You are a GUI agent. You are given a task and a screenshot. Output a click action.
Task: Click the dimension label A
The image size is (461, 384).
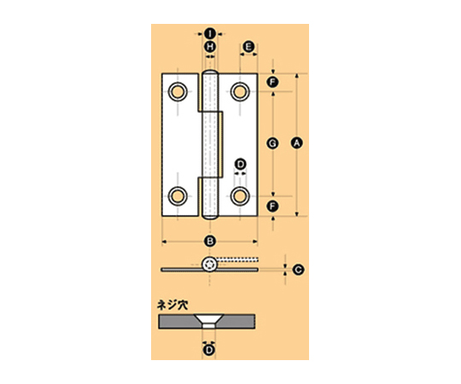tap(296, 143)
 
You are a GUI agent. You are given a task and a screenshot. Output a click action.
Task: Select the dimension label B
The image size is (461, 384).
tap(210, 241)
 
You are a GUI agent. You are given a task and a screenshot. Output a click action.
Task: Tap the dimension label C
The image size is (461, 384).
tap(299, 270)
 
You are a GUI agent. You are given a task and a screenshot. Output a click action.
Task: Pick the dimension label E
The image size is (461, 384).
tap(248, 47)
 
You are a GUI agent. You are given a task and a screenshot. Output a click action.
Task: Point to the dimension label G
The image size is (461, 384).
tap(272, 143)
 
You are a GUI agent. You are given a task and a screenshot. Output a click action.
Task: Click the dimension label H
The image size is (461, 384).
tap(210, 47)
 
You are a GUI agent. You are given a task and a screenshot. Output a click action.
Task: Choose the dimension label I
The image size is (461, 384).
tap(210, 34)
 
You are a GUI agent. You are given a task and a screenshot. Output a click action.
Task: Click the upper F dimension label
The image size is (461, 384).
tap(272, 82)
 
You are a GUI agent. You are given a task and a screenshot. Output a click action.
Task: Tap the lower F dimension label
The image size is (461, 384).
tap(272, 207)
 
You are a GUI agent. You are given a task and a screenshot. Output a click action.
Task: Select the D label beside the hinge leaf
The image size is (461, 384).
tap(241, 164)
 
